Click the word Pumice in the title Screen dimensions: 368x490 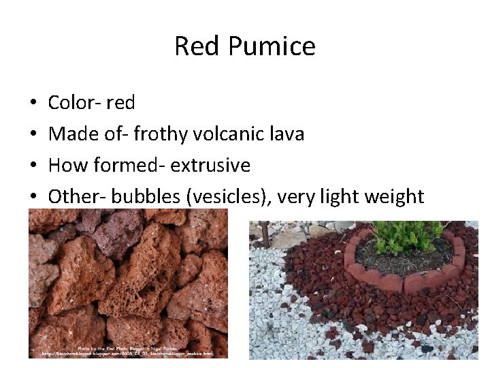(272, 46)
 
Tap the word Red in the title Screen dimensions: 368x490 (197, 46)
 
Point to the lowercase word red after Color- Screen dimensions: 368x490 (120, 103)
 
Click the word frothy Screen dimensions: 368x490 (161, 134)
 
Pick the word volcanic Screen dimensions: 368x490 (229, 134)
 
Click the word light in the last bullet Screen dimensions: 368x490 (338, 197)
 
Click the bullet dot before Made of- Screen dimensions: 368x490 (33, 135)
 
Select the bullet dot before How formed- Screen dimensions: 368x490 (33, 166)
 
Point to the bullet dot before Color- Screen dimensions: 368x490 (33, 104)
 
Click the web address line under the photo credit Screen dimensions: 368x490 (127, 354)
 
